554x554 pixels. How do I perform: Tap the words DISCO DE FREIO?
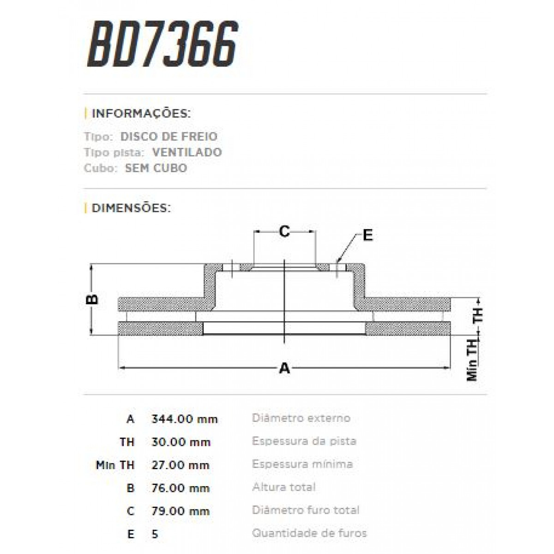(x=169, y=137)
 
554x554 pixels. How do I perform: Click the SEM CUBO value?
(x=156, y=168)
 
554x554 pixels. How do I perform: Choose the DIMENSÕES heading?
(x=131, y=208)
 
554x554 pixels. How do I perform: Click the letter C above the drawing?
(x=285, y=231)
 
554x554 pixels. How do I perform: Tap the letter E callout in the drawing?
(x=367, y=235)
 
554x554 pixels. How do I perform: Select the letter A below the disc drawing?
(x=285, y=368)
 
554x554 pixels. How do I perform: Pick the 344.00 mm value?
(x=184, y=419)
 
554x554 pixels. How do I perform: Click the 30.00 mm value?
(x=181, y=442)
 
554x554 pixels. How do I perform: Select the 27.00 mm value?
(x=181, y=465)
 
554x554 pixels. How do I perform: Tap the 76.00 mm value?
(x=181, y=488)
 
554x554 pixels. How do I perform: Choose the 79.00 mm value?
(x=181, y=512)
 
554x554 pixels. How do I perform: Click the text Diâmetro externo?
(x=301, y=418)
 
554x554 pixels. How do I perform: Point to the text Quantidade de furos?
(x=309, y=534)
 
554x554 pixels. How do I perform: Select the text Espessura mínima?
(x=302, y=464)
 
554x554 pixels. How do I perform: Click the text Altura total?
(x=284, y=488)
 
